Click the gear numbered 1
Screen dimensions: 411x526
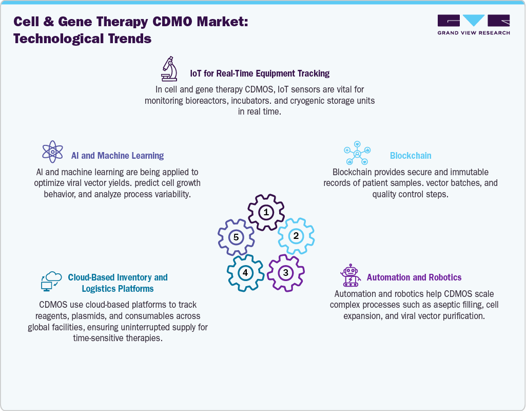[x=266, y=212]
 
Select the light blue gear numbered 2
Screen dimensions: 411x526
[x=296, y=236]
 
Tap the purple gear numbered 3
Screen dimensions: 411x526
[x=286, y=272]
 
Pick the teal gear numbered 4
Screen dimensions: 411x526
[x=245, y=272]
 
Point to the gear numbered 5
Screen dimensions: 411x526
[x=236, y=237]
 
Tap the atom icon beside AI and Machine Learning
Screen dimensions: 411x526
[x=52, y=152]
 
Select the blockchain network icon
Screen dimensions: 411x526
[x=357, y=153]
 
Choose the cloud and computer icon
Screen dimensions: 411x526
[x=51, y=282]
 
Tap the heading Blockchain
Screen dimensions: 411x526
[x=411, y=156]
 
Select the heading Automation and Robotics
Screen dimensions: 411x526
[x=414, y=277]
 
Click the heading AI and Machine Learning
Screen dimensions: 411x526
[x=117, y=156]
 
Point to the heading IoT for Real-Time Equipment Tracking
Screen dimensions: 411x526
[x=260, y=73]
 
